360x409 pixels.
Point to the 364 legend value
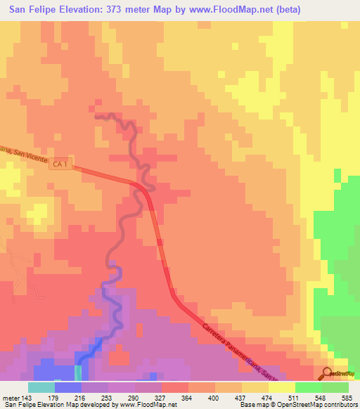(x=188, y=397)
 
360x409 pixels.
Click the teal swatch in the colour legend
(x=41, y=387)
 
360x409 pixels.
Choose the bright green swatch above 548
(x=308, y=387)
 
